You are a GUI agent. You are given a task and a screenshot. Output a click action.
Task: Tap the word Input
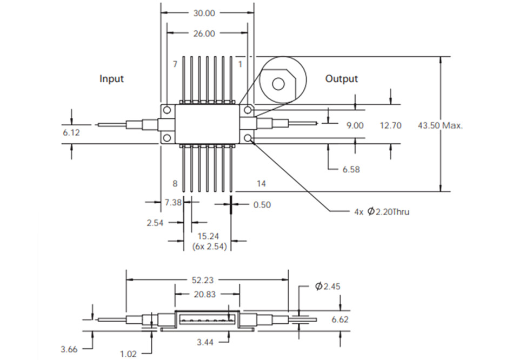click(x=111, y=79)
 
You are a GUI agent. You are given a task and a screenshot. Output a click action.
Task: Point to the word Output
click(x=341, y=79)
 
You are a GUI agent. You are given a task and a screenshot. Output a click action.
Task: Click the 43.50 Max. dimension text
click(x=441, y=125)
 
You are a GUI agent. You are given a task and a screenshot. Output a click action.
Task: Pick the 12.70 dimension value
click(x=391, y=125)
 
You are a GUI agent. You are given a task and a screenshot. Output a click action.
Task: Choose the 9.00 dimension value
click(x=355, y=125)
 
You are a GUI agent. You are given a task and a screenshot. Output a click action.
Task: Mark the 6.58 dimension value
click(x=351, y=169)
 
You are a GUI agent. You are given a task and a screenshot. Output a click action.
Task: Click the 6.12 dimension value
click(x=70, y=132)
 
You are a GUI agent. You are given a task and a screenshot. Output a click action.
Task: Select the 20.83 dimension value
click(x=205, y=295)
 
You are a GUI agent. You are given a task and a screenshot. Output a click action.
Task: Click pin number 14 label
click(x=261, y=184)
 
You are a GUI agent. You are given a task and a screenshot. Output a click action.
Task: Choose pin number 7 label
click(x=175, y=64)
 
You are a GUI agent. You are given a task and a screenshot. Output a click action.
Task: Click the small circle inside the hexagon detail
click(x=278, y=83)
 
